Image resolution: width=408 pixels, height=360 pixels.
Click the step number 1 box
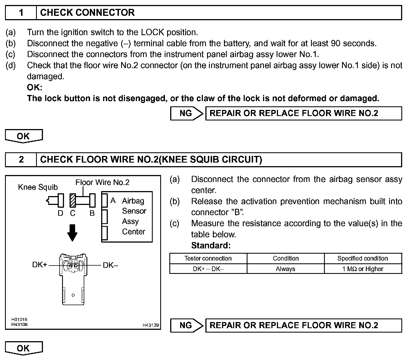tap(21, 13)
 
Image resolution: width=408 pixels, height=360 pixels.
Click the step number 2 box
tap(21, 160)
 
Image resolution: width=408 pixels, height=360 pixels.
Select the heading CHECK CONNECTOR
tap(87, 13)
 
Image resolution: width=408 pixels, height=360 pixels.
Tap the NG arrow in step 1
tap(187, 114)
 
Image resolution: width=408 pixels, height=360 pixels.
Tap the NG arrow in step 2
tap(187, 325)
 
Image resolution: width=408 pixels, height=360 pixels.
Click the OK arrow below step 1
tap(24, 136)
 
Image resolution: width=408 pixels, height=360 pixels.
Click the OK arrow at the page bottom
tap(24, 348)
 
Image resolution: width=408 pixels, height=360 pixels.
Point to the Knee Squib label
tap(38, 187)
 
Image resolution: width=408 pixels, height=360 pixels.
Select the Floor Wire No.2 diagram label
tap(102, 182)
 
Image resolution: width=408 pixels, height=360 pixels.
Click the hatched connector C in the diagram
tap(73, 200)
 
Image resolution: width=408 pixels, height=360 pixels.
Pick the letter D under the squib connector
tap(60, 213)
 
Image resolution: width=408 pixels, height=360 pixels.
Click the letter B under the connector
tap(92, 213)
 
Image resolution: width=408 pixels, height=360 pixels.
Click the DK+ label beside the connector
tap(40, 265)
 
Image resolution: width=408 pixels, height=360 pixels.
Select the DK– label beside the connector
tap(110, 265)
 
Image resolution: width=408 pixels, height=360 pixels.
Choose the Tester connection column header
tap(208, 258)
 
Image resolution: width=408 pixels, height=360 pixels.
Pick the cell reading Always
tap(285, 269)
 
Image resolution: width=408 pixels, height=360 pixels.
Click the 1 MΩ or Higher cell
tap(363, 269)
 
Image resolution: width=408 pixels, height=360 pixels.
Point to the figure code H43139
tap(151, 325)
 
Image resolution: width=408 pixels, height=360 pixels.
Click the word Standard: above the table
tap(211, 245)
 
